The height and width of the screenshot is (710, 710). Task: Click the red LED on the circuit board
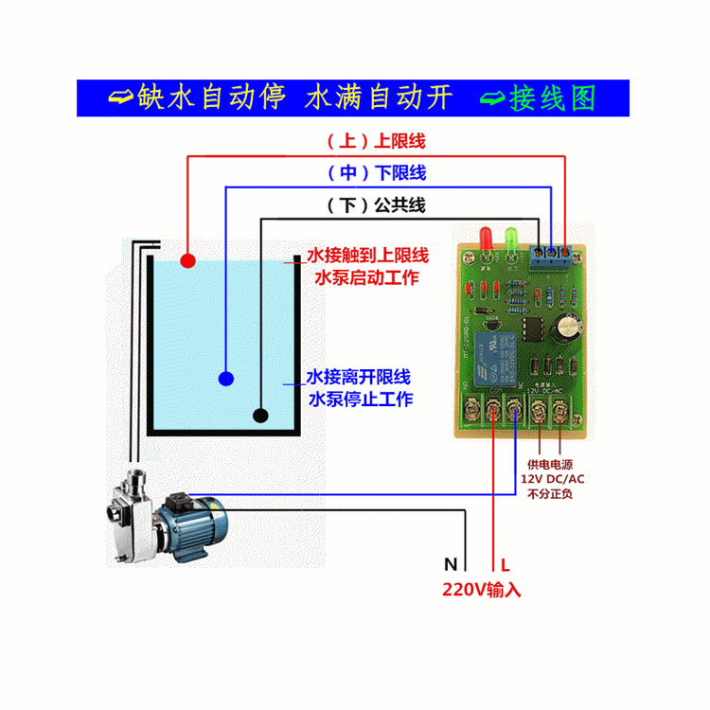486,238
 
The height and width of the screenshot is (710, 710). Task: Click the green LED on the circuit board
513,238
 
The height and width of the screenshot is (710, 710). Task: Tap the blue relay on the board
494,352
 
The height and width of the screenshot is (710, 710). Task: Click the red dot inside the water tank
187,259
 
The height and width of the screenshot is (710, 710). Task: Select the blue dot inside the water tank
225,379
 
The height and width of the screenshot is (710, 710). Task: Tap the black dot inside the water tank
260,415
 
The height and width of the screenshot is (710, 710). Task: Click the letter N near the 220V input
451,565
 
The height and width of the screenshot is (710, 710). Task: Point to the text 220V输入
481,590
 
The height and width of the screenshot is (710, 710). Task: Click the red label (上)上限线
377,142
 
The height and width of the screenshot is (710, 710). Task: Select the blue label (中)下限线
377,173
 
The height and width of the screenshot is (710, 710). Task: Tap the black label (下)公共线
377,204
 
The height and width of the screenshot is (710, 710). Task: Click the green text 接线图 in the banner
554,98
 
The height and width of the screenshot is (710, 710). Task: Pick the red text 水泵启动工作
365,278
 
